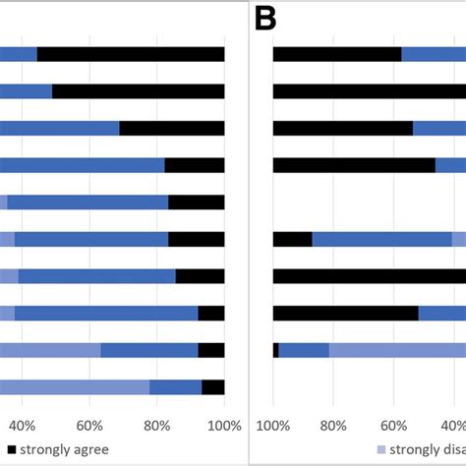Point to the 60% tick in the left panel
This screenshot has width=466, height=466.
coord(89,425)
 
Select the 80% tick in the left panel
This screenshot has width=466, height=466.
coord(157,425)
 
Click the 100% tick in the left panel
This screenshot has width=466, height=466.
coord(224,425)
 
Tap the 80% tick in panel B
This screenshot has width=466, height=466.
coord(333,425)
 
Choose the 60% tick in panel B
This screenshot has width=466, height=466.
coord(393,425)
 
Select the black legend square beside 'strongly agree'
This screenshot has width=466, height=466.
coord(11,449)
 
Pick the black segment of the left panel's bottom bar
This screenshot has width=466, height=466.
coord(213,387)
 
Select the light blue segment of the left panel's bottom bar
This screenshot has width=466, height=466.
coord(75,387)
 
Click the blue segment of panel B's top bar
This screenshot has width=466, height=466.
coord(434,54)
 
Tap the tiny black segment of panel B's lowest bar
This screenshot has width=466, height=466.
coord(276,350)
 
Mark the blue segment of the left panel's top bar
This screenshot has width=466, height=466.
coord(19,54)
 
